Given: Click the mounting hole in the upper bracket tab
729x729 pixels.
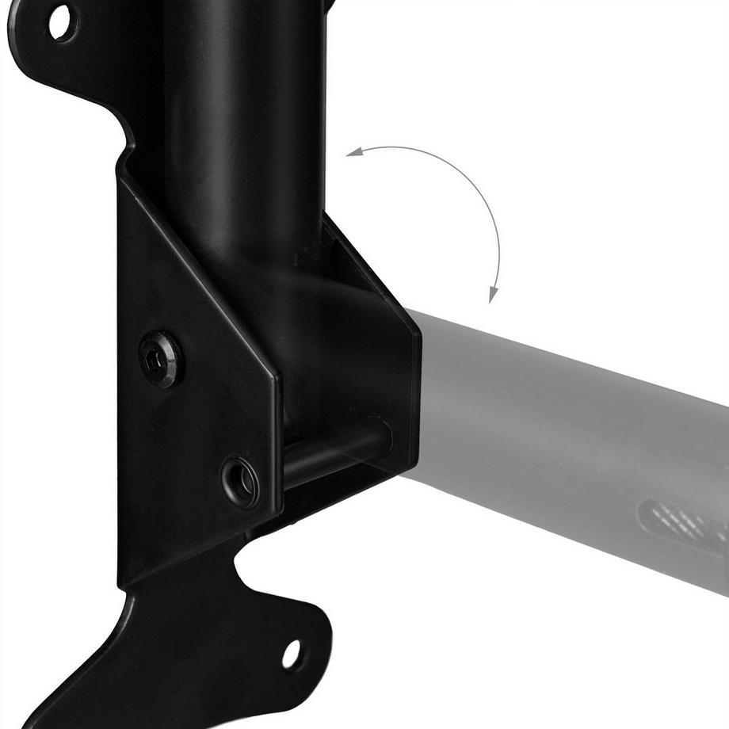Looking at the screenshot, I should click(61, 22).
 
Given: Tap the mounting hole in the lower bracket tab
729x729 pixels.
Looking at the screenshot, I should click(291, 654).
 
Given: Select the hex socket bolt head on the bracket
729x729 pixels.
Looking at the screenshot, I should click(159, 359).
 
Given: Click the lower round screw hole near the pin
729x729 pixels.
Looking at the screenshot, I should click(240, 481).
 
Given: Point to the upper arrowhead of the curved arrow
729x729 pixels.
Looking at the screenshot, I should click(351, 154).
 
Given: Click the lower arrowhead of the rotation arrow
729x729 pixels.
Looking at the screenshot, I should click(492, 296).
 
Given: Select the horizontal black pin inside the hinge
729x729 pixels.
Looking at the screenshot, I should click(333, 453).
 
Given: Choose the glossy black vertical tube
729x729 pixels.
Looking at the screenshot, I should click(238, 119).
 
